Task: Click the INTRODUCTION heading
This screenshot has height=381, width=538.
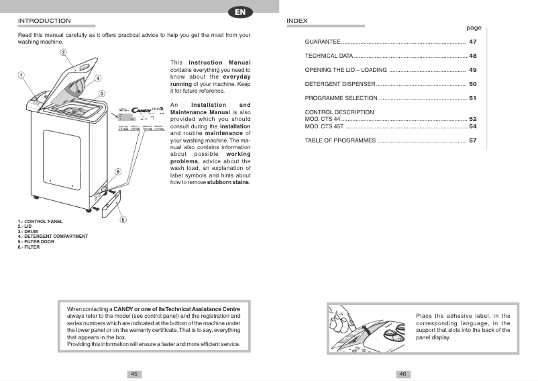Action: pos(44,21)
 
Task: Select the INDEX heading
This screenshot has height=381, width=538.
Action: pos(297,21)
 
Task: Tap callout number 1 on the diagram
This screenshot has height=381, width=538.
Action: pos(21,75)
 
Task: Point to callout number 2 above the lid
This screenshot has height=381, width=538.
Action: pos(63,52)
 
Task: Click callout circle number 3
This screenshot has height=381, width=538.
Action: pos(101,93)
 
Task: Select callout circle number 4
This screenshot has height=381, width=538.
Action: pos(98,78)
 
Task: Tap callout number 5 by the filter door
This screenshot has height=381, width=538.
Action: pos(123,219)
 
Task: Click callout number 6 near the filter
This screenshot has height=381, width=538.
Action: pos(118,172)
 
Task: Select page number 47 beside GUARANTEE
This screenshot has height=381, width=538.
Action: pos(472,42)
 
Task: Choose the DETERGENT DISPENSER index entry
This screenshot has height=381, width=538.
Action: pos(339,85)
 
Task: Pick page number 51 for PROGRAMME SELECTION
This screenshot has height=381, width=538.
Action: pos(472,99)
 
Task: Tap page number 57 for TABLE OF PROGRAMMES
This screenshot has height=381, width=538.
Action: pos(472,141)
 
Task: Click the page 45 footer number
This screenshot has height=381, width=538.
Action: pos(134,374)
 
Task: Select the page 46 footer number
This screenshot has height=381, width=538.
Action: pos(403,374)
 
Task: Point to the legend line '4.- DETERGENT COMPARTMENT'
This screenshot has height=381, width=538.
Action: pos(53,236)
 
